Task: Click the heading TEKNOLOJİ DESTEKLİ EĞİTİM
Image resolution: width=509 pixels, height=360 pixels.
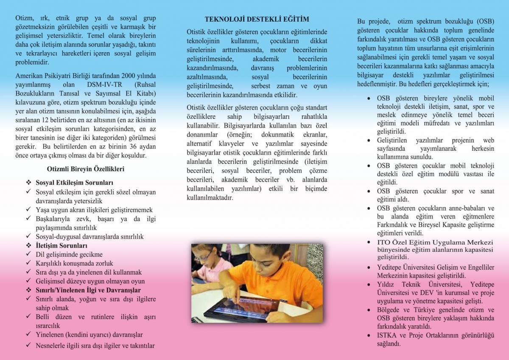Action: pyautogui.click(x=257, y=19)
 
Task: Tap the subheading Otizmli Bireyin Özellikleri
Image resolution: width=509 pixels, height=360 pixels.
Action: pyautogui.click(x=85, y=169)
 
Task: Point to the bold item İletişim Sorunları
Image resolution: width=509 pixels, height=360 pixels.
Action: pyautogui.click(x=62, y=245)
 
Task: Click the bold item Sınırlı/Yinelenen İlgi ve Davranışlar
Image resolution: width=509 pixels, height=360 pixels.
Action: pyautogui.click(x=88, y=290)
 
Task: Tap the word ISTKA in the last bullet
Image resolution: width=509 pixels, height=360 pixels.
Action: pyautogui.click(x=386, y=335)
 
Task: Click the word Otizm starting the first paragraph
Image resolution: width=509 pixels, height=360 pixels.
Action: pyautogui.click(x=24, y=19)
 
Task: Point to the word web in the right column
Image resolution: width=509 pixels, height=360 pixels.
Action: pyautogui.click(x=489, y=141)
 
